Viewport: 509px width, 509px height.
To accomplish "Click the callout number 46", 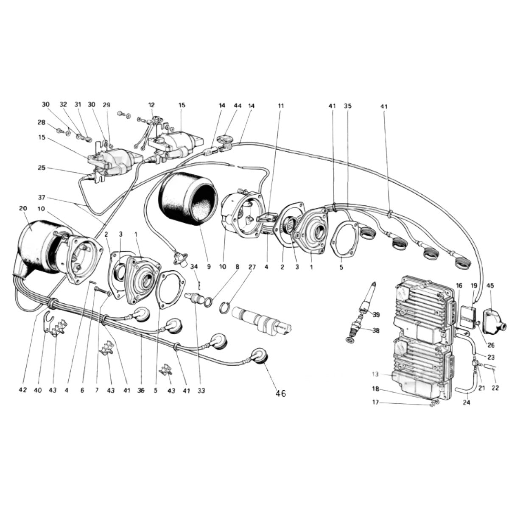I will (x=280, y=394).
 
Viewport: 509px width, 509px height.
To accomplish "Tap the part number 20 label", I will (x=23, y=208).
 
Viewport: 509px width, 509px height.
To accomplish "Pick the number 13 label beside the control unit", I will (x=375, y=374).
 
